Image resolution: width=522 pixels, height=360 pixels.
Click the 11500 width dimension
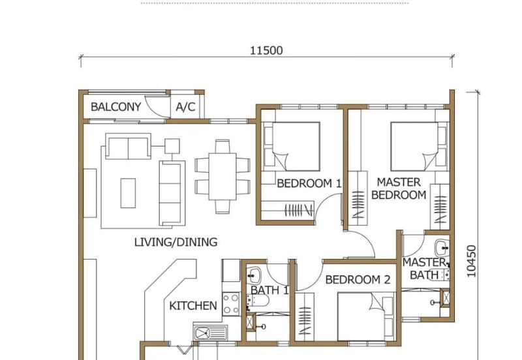[x=266, y=51]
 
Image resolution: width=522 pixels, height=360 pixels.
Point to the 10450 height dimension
[x=471, y=261]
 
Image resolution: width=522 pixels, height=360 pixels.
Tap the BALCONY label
[x=116, y=107]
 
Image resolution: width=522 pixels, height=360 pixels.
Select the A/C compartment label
[x=185, y=107]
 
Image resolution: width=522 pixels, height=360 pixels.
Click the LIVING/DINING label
[x=176, y=242]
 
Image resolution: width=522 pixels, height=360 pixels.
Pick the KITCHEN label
[x=193, y=306]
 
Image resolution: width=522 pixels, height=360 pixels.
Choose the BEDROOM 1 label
[x=309, y=183]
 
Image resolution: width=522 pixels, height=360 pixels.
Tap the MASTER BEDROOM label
[x=399, y=188]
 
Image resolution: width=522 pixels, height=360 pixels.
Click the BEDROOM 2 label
[x=358, y=280]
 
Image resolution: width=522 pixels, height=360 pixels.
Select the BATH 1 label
[x=269, y=290]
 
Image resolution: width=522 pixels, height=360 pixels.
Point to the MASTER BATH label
[x=425, y=269]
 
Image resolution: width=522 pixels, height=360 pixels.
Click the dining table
[x=223, y=176]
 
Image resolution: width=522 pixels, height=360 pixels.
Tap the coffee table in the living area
[x=128, y=193]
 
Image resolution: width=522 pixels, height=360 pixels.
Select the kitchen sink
[x=211, y=333]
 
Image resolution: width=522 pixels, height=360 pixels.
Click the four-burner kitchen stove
[x=231, y=304]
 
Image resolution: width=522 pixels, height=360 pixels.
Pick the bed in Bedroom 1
[x=296, y=147]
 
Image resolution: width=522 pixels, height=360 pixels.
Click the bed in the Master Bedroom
[x=414, y=147]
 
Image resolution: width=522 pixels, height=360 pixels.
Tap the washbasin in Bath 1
[x=254, y=275]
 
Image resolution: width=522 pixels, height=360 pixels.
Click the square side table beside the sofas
[x=172, y=146]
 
